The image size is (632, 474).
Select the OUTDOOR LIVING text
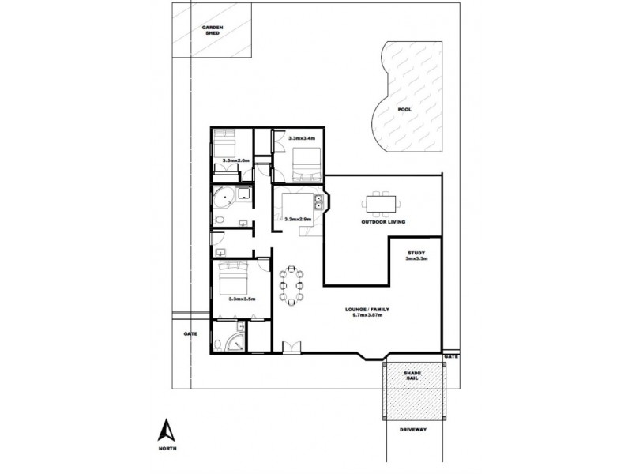(383, 222)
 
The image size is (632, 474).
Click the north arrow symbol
(167, 431)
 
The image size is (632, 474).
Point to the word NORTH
(167, 448)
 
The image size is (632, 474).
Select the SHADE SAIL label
(412, 376)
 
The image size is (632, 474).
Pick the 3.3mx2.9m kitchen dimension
(298, 219)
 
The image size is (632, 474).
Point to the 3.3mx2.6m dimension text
(236, 161)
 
